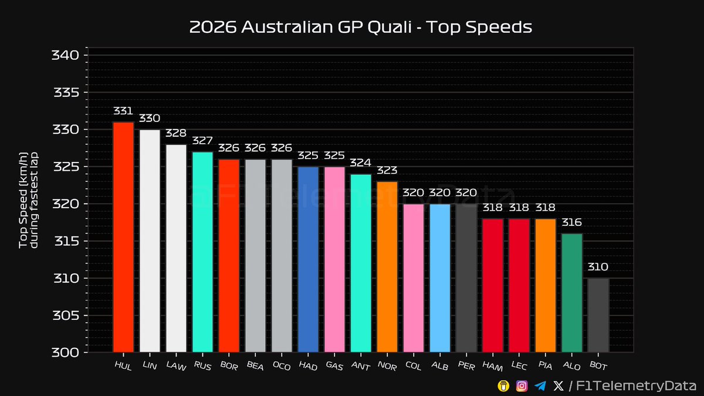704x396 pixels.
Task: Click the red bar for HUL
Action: click(123, 237)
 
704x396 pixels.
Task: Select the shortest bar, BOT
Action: click(598, 315)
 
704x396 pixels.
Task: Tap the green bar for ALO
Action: click(572, 293)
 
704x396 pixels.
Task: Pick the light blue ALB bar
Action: click(440, 278)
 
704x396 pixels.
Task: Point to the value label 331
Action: click(123, 111)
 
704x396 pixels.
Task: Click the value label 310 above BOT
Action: click(598, 267)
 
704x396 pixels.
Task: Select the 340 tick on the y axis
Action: click(66, 56)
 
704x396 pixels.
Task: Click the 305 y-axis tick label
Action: click(66, 316)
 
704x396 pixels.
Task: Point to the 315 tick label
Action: click(66, 241)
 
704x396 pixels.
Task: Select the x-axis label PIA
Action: click(545, 367)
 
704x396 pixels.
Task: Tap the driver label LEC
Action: click(519, 367)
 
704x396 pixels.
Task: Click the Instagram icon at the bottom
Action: click(522, 385)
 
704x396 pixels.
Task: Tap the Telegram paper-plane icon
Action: click(540, 385)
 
